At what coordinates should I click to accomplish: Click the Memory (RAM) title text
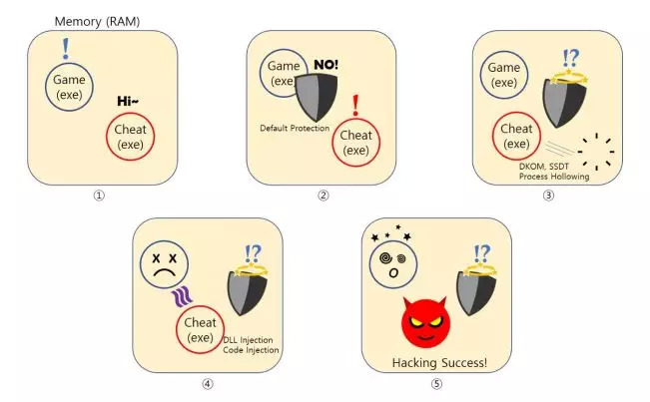tap(97, 21)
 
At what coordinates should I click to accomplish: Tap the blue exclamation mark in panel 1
tap(66, 49)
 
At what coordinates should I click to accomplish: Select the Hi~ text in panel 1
tap(128, 101)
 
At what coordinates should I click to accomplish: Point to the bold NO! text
tap(325, 65)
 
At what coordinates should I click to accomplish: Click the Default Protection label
tap(295, 129)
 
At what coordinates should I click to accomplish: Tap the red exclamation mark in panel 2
tap(355, 105)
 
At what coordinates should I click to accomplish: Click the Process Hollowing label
tap(554, 177)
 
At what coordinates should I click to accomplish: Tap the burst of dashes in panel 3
tap(596, 152)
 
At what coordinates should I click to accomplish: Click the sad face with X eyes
tap(164, 265)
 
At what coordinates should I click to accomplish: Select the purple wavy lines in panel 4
tap(182, 297)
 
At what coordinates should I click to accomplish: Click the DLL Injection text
tap(248, 340)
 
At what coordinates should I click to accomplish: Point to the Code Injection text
tap(251, 350)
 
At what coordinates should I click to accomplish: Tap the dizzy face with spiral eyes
tap(393, 264)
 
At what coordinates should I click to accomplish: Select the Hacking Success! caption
tap(439, 363)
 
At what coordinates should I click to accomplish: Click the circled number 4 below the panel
tap(208, 384)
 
